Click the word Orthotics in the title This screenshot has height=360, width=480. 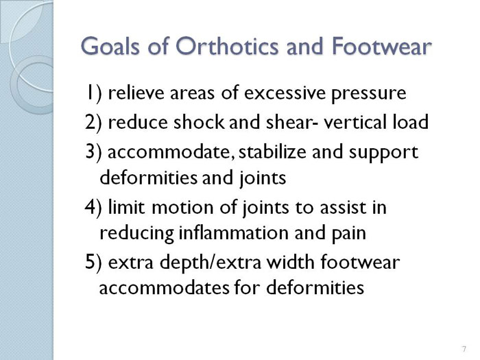[x=227, y=46]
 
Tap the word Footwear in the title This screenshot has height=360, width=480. [x=381, y=46]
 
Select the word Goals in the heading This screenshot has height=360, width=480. [x=110, y=46]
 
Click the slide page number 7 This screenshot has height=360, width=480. [x=464, y=349]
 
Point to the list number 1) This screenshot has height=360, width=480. [x=93, y=93]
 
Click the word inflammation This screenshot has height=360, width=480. [x=234, y=232]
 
